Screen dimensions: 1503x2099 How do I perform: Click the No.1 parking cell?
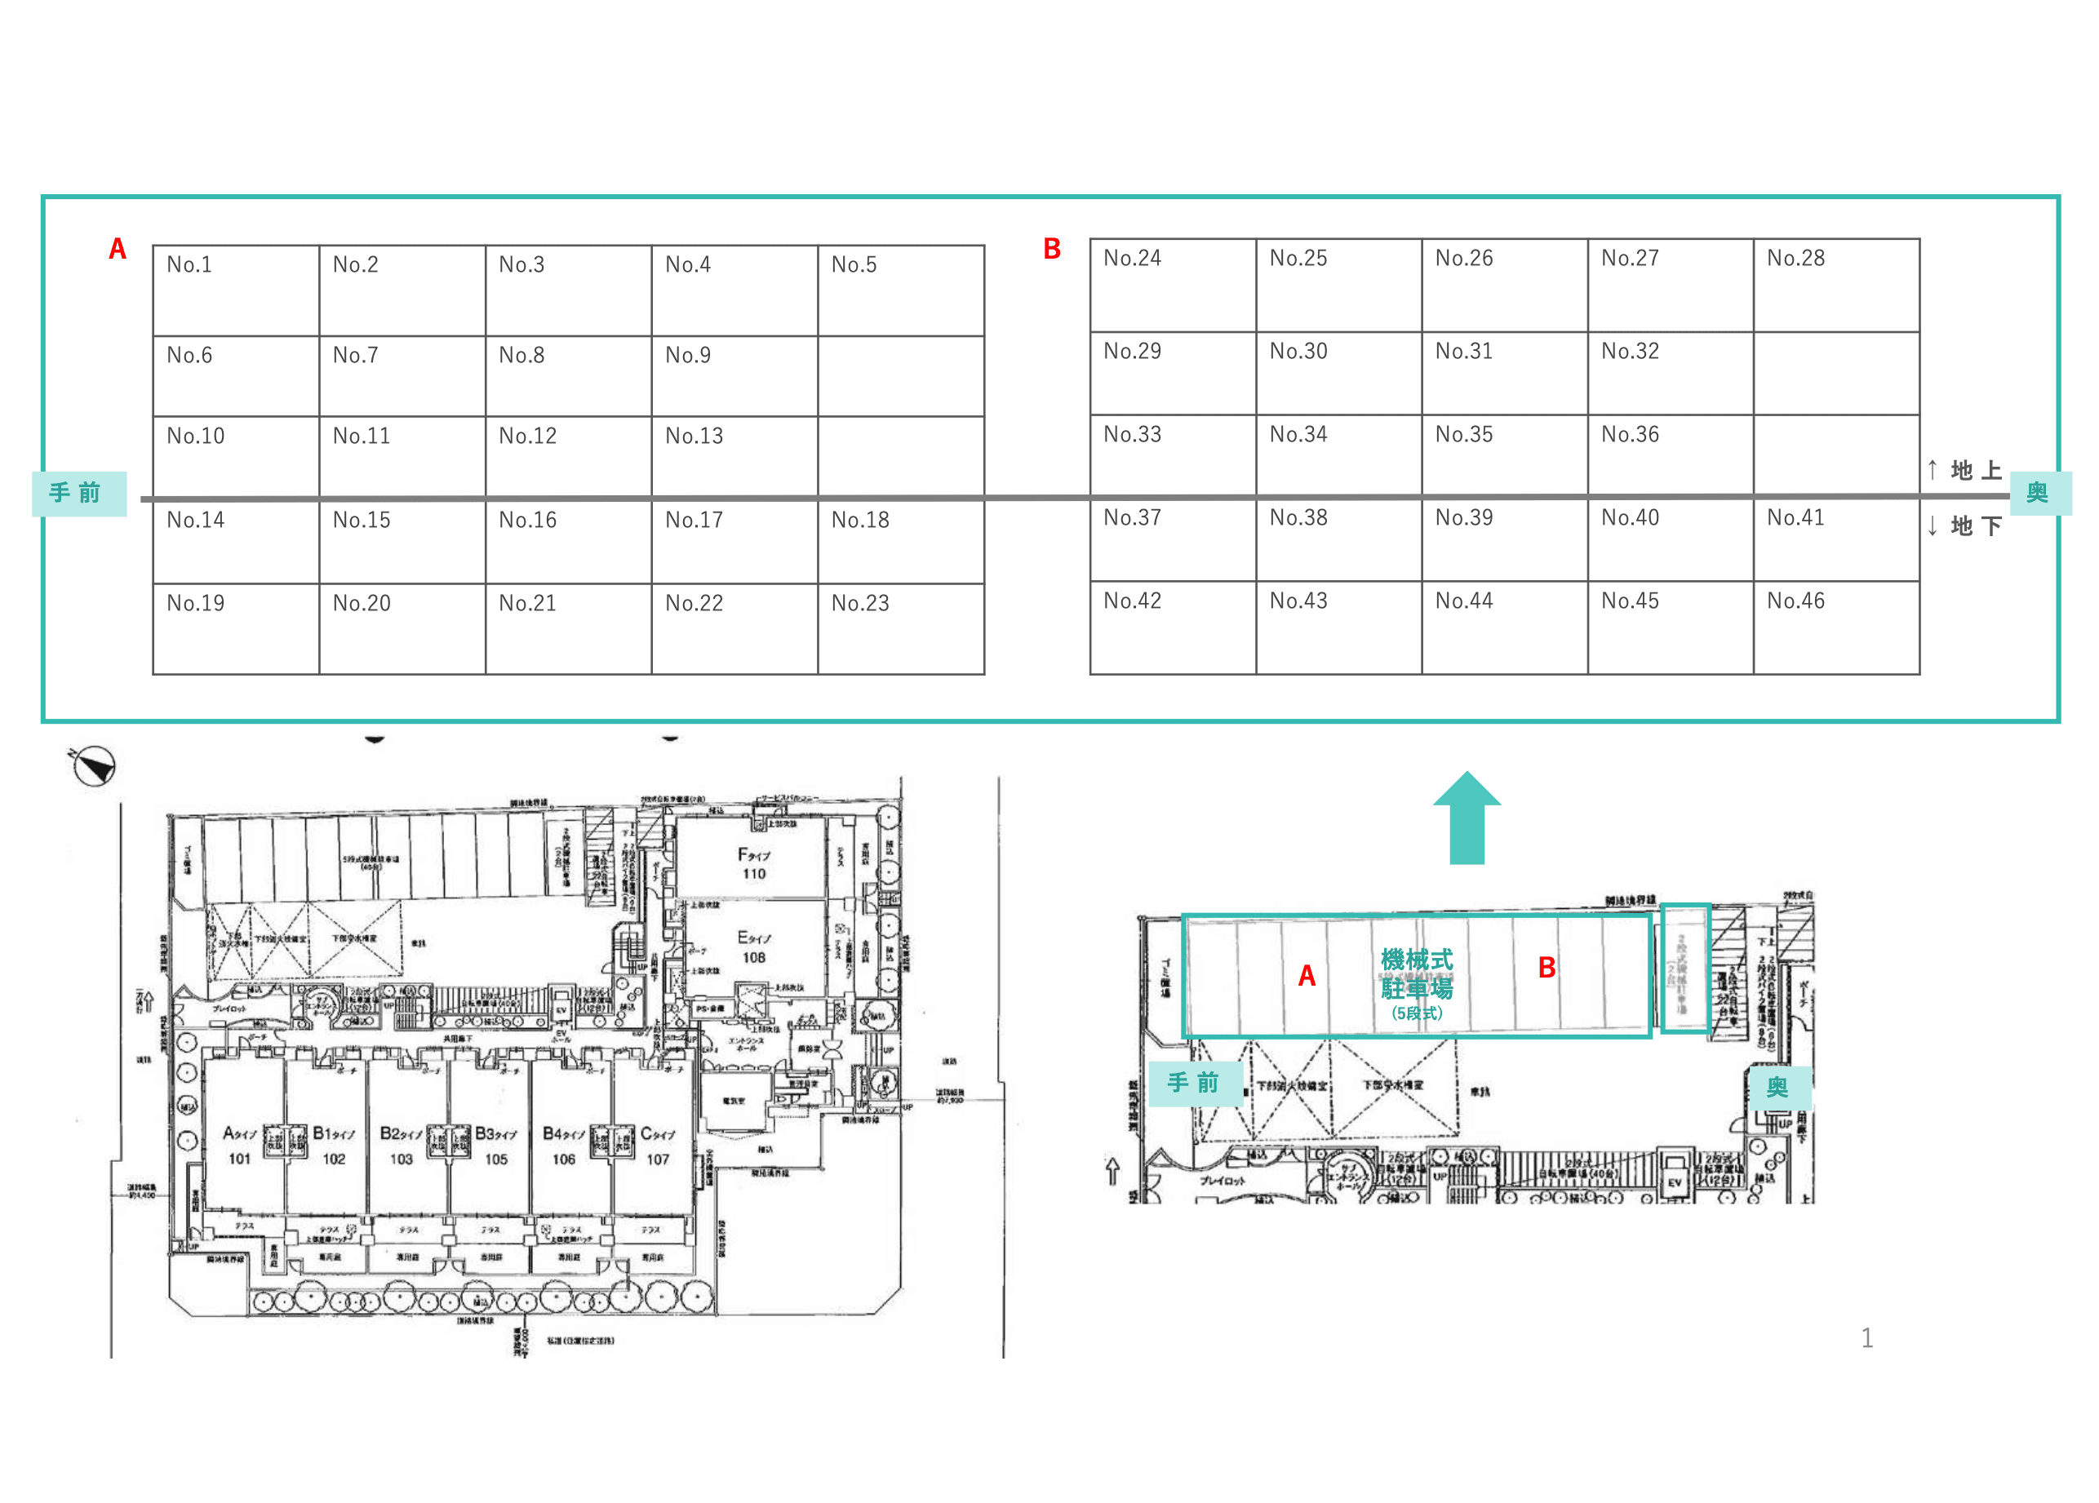click(235, 290)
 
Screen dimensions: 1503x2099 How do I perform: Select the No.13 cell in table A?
click(734, 455)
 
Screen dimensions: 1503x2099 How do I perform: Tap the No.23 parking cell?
click(900, 628)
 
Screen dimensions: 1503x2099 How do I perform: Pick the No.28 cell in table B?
click(1836, 285)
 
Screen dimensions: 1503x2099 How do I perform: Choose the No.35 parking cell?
click(1504, 454)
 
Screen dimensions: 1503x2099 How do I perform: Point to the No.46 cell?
click(1836, 627)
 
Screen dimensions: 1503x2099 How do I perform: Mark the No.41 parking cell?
click(1836, 539)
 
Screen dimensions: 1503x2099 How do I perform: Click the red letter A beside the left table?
click(118, 249)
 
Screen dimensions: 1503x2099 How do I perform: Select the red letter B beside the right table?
click(1052, 249)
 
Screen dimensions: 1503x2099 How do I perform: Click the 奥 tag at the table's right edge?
click(2038, 492)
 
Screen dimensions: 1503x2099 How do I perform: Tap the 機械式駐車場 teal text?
click(1417, 974)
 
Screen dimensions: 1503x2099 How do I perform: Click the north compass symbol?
click(94, 766)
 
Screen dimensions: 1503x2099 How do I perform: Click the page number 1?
click(1866, 1338)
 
